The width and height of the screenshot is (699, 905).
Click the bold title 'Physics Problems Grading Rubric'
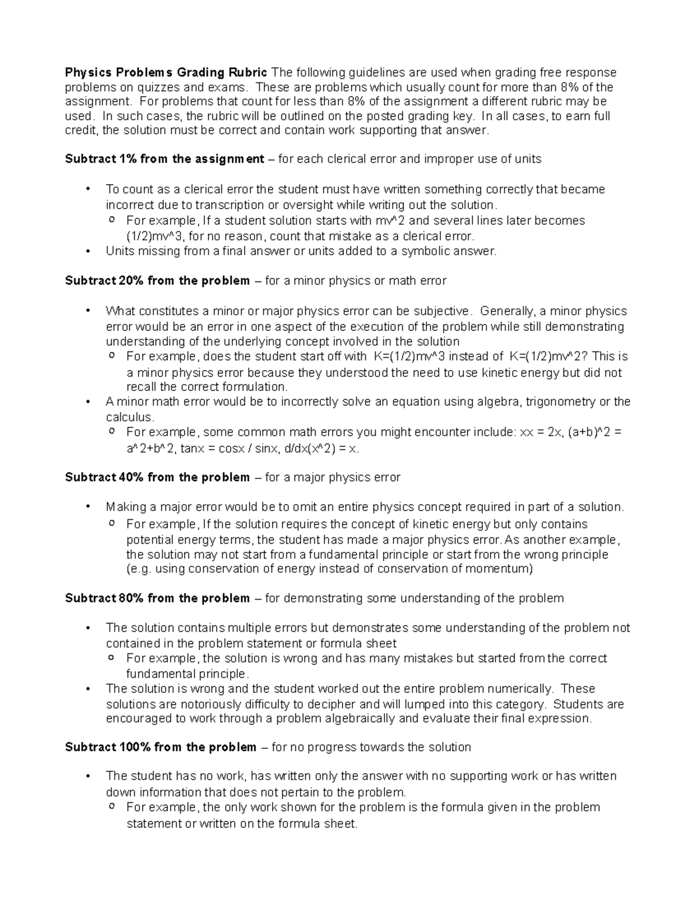[x=166, y=73]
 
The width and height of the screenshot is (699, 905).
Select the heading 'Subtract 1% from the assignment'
[x=164, y=159]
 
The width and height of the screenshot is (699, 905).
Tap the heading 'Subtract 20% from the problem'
[x=157, y=281]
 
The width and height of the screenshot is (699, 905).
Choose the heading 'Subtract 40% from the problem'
[x=157, y=477]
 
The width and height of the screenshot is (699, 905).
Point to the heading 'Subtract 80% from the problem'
[x=157, y=598]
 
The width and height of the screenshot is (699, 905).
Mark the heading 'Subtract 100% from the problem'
[x=161, y=747]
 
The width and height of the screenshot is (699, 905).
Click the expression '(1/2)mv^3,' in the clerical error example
[x=154, y=236]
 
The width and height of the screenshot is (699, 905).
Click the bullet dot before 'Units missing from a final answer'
[x=88, y=251]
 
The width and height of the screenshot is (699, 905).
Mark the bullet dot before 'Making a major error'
[x=88, y=507]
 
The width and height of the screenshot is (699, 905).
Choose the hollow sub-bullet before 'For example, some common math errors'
[x=112, y=432]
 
